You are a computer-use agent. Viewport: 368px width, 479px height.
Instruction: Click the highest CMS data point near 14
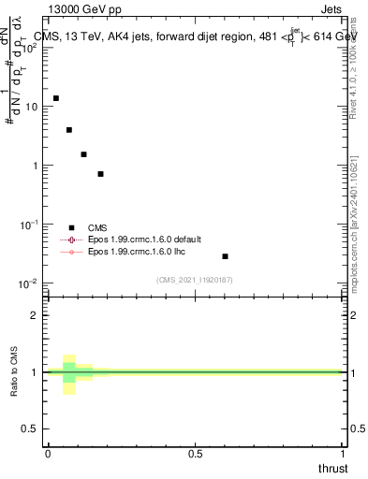coord(55,98)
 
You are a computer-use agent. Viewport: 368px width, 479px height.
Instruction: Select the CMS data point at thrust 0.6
coord(225,256)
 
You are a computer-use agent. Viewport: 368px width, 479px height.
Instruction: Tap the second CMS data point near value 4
coord(69,130)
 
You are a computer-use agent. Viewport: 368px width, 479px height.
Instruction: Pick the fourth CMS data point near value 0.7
coord(100,174)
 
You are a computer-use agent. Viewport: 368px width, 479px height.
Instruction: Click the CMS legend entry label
coord(98,227)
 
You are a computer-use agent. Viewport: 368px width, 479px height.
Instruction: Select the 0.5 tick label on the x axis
coord(195,453)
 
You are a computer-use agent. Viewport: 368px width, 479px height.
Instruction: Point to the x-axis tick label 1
coord(342,453)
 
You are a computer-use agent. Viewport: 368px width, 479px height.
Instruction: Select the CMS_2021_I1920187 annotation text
coord(195,280)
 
